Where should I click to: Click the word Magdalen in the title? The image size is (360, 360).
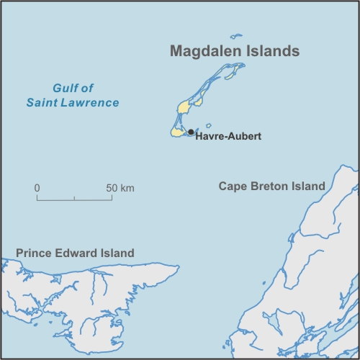202,52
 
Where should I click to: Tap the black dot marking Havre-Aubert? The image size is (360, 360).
190,132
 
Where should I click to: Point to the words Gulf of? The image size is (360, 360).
73,89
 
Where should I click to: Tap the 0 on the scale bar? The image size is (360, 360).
37,188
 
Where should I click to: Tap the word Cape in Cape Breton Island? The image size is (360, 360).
233,186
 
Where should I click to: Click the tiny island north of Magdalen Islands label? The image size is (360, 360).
236,35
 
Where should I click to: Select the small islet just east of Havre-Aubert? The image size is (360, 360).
209,124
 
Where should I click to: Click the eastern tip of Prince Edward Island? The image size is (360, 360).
177,267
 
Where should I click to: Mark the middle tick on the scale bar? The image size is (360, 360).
74,197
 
